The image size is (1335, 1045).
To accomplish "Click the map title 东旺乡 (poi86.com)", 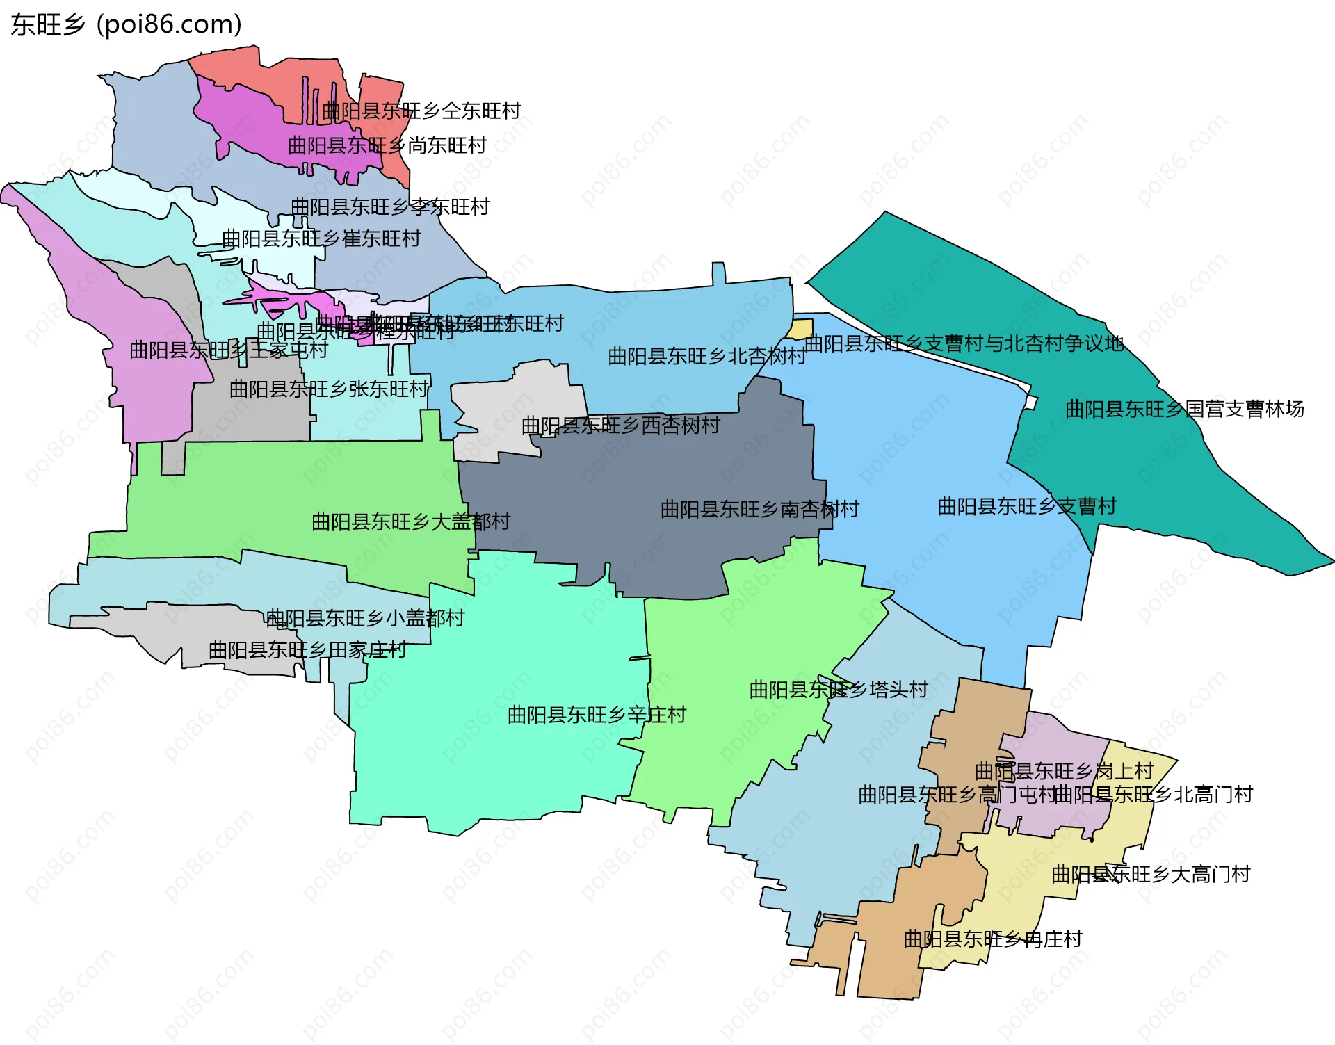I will click(126, 25).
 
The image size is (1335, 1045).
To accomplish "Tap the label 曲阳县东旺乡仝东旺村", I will click(421, 111).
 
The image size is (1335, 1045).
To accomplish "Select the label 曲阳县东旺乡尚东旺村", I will click(387, 146).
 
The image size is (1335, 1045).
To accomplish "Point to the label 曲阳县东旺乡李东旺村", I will click(390, 207).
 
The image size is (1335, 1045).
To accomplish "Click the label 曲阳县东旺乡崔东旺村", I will click(321, 239).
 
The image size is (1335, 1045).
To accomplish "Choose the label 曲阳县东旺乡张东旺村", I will click(330, 389).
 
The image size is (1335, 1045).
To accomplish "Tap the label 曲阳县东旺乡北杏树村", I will click(706, 357).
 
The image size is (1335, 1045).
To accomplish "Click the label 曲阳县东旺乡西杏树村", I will click(621, 426).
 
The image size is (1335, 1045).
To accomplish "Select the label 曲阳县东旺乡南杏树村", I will click(760, 510).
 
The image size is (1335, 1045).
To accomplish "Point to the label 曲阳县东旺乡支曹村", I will click(1027, 507).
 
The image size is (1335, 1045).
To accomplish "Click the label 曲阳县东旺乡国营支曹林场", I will click(1185, 410).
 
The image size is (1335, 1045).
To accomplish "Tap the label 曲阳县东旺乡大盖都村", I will click(411, 522).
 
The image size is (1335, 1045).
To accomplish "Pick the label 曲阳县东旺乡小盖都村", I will click(365, 618).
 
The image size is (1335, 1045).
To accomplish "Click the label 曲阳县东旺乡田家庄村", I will click(308, 651).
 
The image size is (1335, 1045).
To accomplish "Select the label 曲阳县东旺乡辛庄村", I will click(597, 715).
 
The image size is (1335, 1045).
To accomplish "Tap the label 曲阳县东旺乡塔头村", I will click(839, 690).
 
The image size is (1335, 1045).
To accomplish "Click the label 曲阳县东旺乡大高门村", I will click(1151, 875).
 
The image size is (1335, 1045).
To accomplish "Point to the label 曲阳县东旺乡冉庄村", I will click(993, 940).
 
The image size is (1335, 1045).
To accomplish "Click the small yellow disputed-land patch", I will click(800, 330).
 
